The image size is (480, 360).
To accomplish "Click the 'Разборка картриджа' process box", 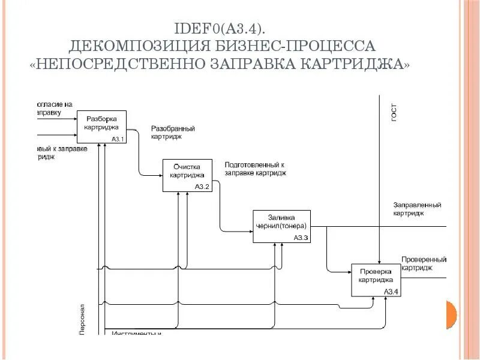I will (x=101, y=127).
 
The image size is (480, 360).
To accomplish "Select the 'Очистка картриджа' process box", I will (x=188, y=175).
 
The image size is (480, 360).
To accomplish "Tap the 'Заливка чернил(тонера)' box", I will (x=281, y=226).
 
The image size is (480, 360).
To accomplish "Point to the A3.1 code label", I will (x=117, y=140).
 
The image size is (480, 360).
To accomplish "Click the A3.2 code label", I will (x=202, y=187).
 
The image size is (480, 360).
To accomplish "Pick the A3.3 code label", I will (x=301, y=238).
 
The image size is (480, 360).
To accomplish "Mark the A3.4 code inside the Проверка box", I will (x=391, y=292).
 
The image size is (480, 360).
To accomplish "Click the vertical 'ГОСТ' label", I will (x=394, y=112).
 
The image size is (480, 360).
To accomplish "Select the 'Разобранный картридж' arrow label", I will (x=172, y=133).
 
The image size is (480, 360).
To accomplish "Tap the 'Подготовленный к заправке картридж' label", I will (x=255, y=168).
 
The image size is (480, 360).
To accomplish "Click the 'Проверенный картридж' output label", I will (x=424, y=264).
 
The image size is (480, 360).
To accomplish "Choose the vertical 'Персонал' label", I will (x=83, y=317).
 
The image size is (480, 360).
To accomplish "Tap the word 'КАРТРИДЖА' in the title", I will (x=357, y=64).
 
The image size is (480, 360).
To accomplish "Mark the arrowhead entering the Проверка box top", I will (x=379, y=261).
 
